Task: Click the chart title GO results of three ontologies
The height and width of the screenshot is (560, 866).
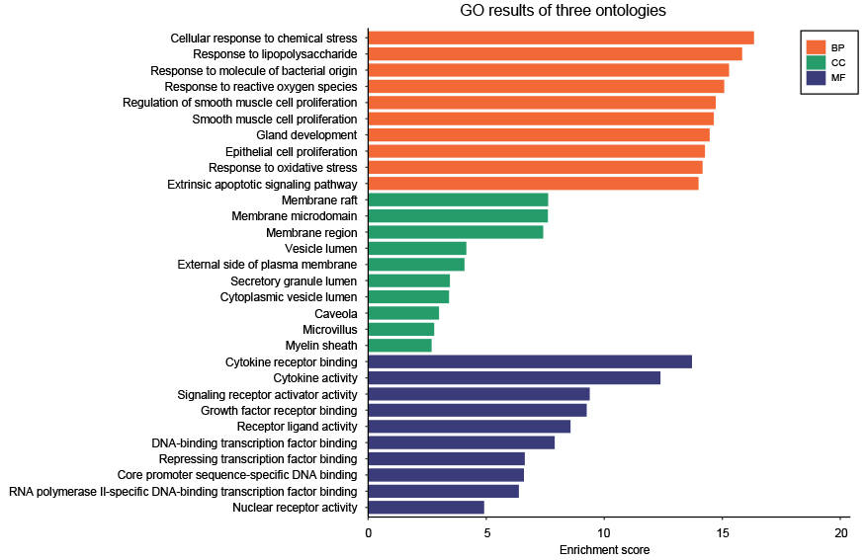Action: (563, 12)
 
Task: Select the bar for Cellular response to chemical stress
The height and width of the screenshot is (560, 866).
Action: (561, 38)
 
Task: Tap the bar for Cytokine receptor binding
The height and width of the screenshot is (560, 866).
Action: (530, 361)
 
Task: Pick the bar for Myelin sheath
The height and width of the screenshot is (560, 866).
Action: (399, 346)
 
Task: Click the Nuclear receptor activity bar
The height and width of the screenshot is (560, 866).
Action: (426, 508)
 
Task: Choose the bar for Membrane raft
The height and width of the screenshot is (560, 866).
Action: (458, 200)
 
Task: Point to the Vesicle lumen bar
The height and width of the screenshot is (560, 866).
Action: (417, 248)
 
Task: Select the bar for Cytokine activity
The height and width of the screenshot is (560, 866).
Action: (514, 378)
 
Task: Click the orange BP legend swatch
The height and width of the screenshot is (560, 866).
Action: (816, 46)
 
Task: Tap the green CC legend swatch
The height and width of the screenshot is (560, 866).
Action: (816, 61)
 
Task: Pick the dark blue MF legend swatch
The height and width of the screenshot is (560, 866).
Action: (816, 76)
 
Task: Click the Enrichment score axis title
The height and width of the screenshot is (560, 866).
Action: (604, 550)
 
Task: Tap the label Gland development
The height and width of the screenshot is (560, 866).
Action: (306, 135)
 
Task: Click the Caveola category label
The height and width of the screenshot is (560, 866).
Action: (335, 313)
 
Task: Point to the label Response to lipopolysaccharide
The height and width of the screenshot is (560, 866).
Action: (275, 54)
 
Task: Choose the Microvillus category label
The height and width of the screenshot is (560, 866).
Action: (329, 330)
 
